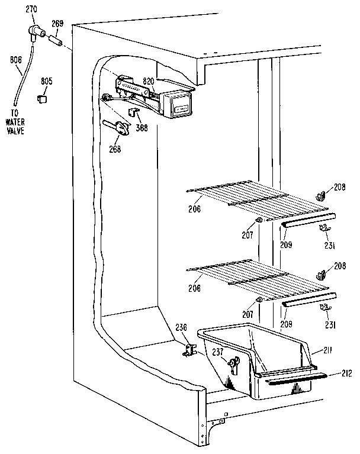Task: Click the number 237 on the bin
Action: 217,351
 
